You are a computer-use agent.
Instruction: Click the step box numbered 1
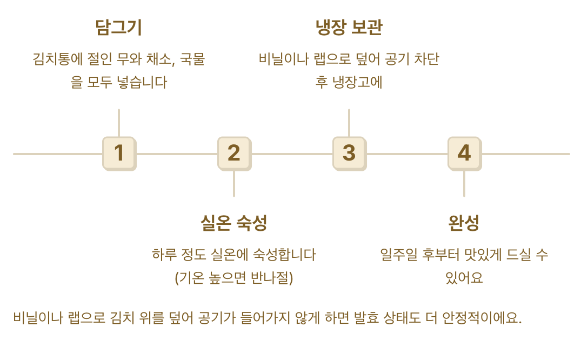119,153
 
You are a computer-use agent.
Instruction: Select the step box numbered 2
234,153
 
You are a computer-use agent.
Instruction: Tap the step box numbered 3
349,153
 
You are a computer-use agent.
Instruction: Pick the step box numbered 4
464,153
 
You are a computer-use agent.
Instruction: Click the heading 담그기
118,28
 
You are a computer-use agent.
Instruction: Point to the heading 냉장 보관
349,28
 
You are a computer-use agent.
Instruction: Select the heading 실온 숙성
233,223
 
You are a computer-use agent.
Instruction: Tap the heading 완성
464,223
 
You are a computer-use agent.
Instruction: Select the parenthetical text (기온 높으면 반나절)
233,278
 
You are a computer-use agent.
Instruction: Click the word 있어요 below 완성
464,278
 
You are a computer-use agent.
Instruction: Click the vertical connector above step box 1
119,123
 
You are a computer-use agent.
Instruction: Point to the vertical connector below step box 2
234,184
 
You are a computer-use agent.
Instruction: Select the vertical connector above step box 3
349,123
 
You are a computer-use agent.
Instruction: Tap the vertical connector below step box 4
464,184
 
